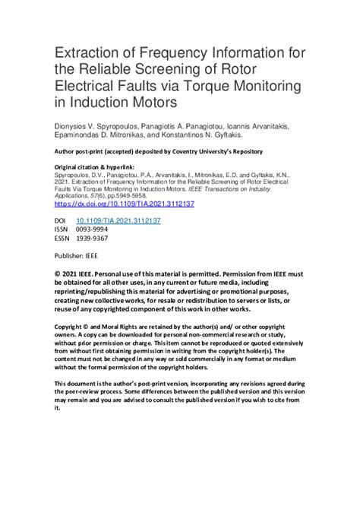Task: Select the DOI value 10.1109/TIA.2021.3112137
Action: coord(127,220)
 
